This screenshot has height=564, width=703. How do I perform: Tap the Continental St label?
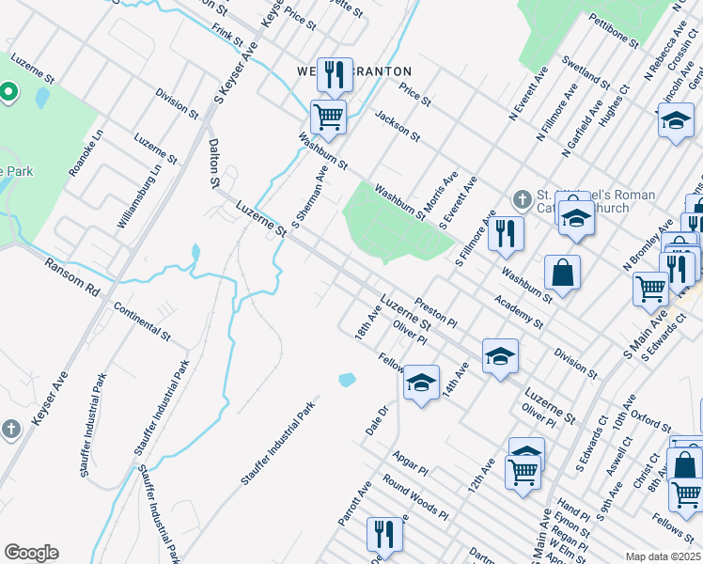tap(141, 321)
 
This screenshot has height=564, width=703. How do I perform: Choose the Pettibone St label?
tap(614, 30)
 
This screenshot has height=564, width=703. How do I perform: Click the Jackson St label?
tap(397, 124)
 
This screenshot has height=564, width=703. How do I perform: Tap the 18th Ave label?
tap(367, 323)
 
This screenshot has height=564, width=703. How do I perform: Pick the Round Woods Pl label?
tap(414, 496)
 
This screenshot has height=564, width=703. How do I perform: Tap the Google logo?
tap(31, 553)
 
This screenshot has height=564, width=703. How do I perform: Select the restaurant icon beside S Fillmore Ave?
tap(507, 232)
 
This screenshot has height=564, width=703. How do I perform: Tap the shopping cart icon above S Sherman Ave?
tap(329, 117)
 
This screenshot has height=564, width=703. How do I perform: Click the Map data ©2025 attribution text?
tap(664, 556)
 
